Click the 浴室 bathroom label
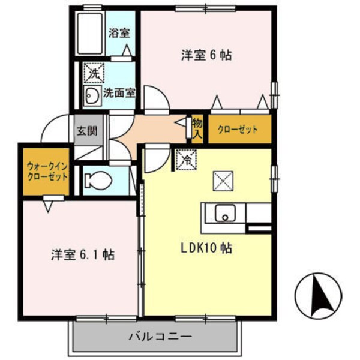pyautogui.click(x=119, y=33)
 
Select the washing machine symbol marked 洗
pyautogui.click(x=94, y=73)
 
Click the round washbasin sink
pyautogui.click(x=91, y=95)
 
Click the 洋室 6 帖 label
pyautogui.click(x=206, y=55)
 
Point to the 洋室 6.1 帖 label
pyautogui.click(x=82, y=254)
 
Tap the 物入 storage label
pyautogui.click(x=197, y=127)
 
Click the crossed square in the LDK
pyautogui.click(x=223, y=179)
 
